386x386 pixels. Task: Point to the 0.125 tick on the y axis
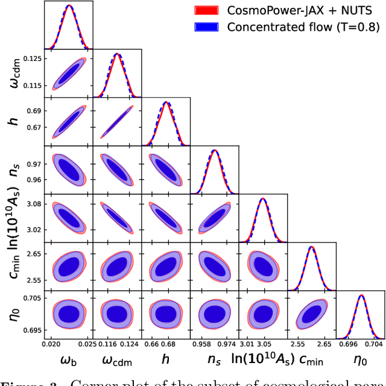pyautogui.click(x=34, y=59)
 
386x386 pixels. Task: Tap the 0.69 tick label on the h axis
pyautogui.click(x=34, y=111)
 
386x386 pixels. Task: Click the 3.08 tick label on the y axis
pyautogui.click(x=34, y=204)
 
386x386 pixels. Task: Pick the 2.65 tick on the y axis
pyautogui.click(x=34, y=255)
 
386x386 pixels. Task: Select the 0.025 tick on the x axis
pyautogui.click(x=87, y=344)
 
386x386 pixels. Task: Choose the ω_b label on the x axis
pyautogui.click(x=69, y=360)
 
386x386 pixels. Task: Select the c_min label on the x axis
pyautogui.click(x=310, y=360)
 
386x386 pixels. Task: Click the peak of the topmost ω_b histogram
pyautogui.click(x=69, y=5)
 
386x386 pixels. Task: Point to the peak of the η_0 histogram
pyautogui.click(x=361, y=295)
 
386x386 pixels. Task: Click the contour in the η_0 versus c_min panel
pyautogui.click(x=311, y=314)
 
